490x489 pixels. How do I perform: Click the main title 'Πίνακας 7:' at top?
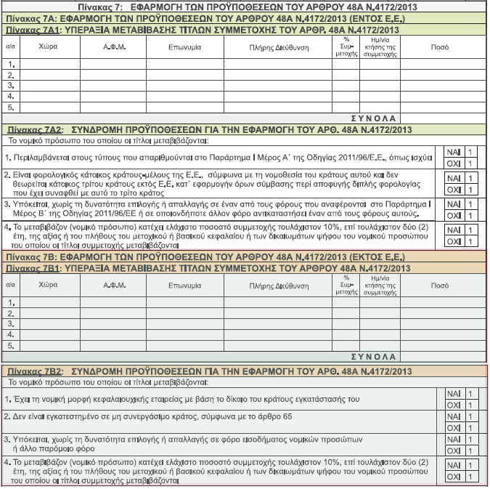(107, 6)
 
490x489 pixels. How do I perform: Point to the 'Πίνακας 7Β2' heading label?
(36, 371)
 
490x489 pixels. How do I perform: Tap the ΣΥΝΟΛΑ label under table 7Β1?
(373, 357)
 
